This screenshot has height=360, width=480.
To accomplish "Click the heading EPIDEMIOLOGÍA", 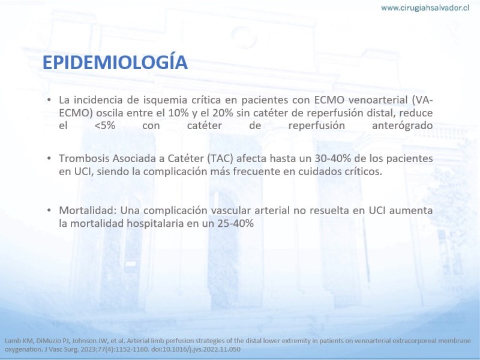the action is tap(115, 62).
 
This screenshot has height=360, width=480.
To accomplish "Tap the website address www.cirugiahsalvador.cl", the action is tap(425, 8).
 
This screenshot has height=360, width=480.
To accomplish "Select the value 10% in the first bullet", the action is tap(178, 113).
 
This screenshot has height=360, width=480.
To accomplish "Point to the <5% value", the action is tap(105, 125).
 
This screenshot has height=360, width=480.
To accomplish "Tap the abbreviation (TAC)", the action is tap(220, 158).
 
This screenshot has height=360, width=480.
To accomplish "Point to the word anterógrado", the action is tap(402, 126).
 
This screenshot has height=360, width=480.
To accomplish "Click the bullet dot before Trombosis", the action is tap(49, 158).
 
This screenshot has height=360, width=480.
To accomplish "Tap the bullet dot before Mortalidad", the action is tap(49, 211).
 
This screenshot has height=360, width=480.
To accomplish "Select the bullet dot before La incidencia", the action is tap(49, 100).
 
